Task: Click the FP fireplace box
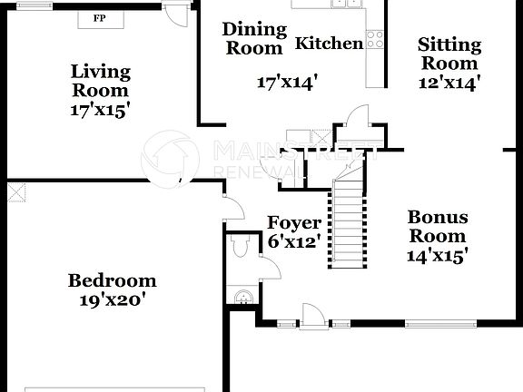click(x=101, y=18)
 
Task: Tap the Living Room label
click(x=101, y=80)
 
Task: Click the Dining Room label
click(x=254, y=38)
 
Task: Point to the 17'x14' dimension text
click(x=287, y=83)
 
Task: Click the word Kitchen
click(x=330, y=43)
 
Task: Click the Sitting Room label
click(x=449, y=54)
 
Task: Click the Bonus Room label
click(x=438, y=227)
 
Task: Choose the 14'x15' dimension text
click(x=438, y=256)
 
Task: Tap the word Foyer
click(x=293, y=223)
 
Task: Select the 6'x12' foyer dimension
click(x=293, y=242)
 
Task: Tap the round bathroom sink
click(x=242, y=294)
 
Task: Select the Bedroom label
click(x=113, y=280)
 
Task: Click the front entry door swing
click(x=311, y=316)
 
